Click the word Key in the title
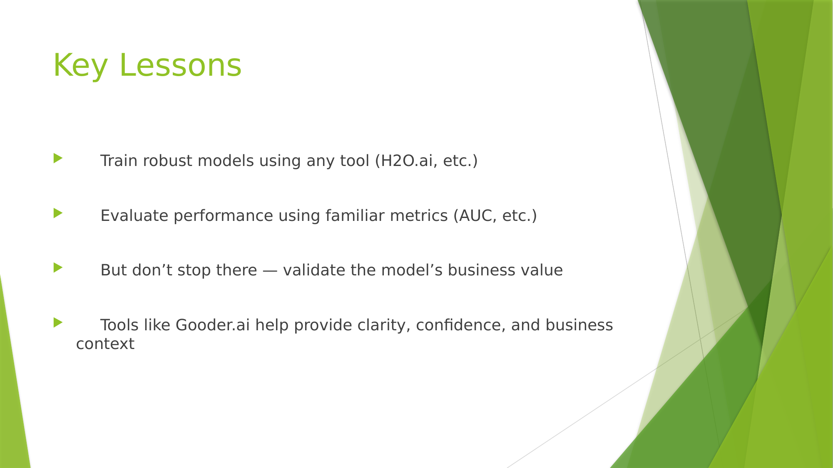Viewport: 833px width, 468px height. (x=80, y=65)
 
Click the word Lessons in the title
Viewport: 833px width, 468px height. (x=180, y=65)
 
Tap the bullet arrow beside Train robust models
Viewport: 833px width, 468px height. (x=58, y=158)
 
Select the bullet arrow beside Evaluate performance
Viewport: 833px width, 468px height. (x=58, y=213)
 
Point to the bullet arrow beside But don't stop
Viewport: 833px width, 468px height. (x=58, y=267)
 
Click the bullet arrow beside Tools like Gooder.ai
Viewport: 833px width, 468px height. (x=58, y=322)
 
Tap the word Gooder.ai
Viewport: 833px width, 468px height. (x=213, y=325)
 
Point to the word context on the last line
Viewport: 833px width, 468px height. (x=105, y=344)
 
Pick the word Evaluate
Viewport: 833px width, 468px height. (x=134, y=215)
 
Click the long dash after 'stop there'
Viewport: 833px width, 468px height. (x=270, y=271)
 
